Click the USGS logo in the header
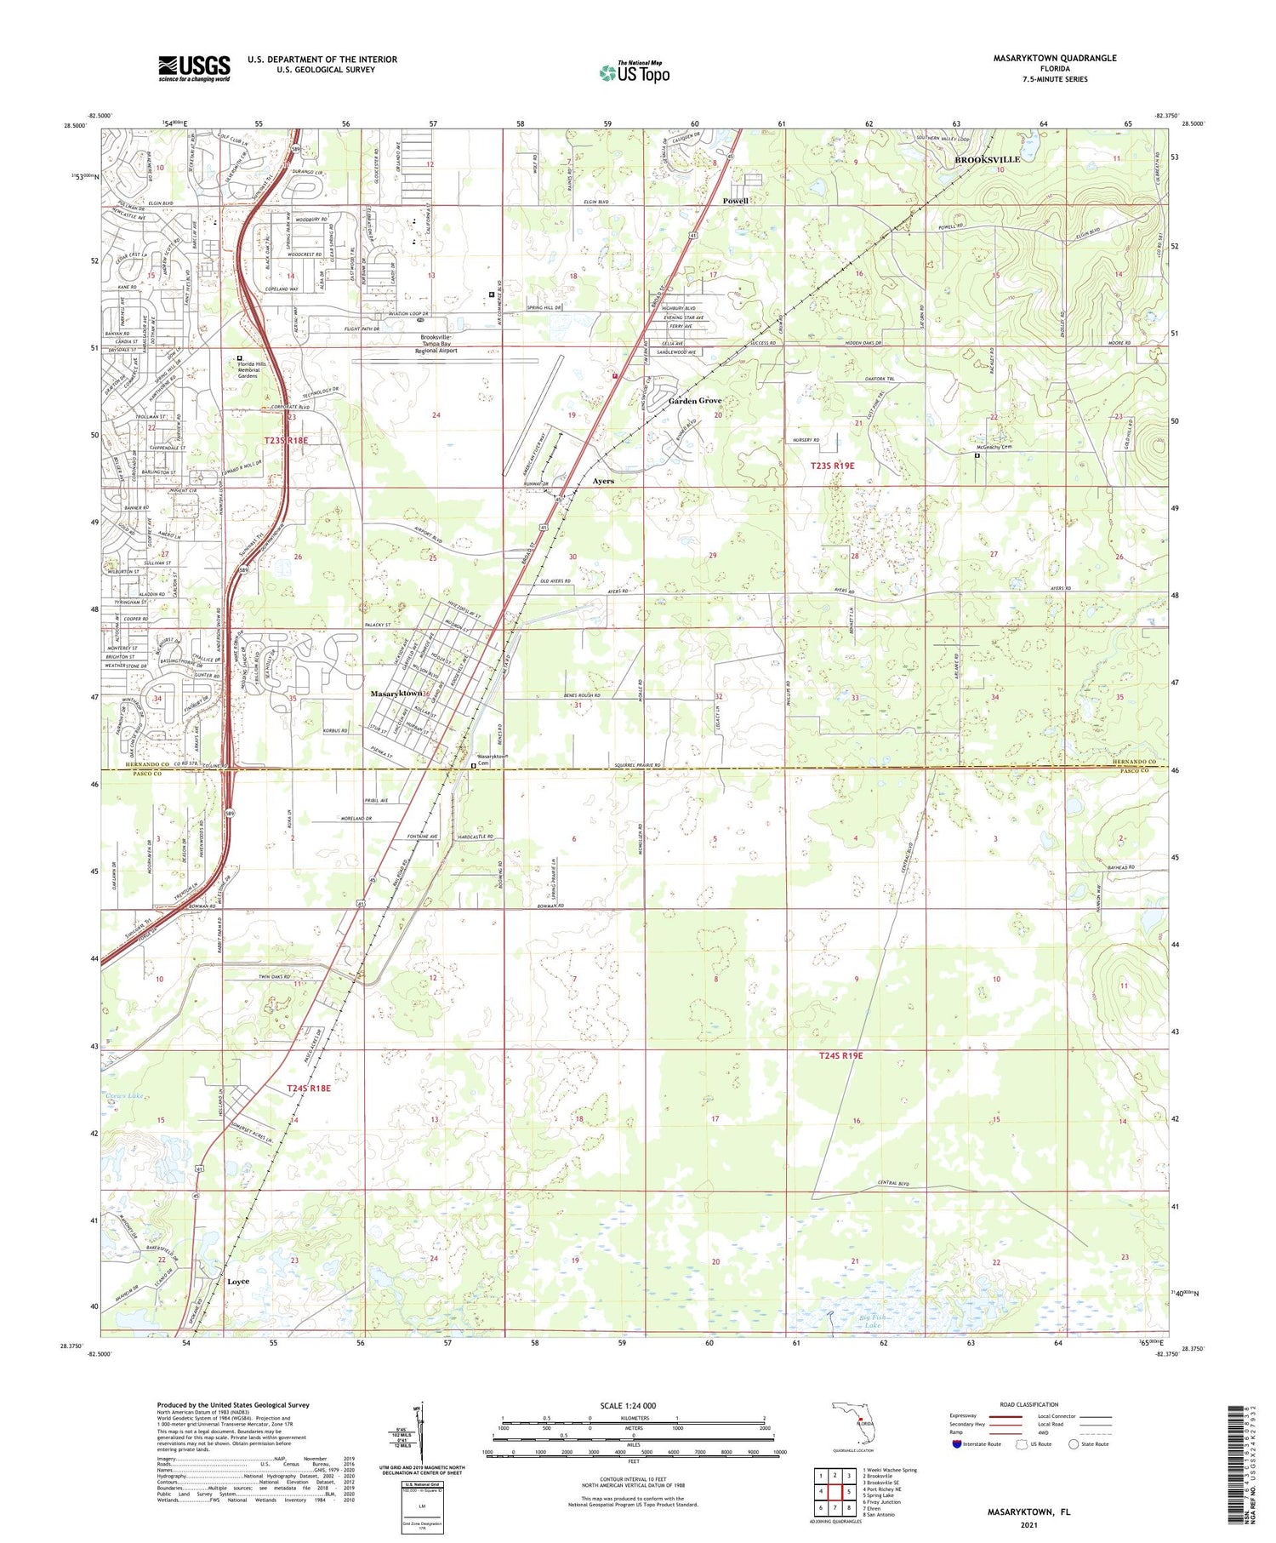coord(194,68)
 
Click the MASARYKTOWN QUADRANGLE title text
coord(1055,59)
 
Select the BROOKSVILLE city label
coord(987,159)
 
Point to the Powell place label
coord(735,201)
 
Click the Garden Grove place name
coord(694,401)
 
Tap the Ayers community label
coord(602,481)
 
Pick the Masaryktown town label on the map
coord(396,694)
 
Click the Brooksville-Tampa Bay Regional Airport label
coord(436,344)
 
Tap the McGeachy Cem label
coord(994,447)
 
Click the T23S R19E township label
coord(831,466)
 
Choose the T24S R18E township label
coord(308,1088)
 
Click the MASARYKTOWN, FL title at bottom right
coord(1028,1512)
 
